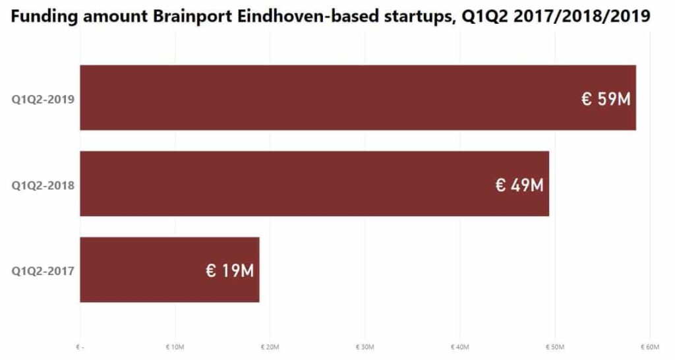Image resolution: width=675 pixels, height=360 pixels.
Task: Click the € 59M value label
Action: tap(606, 100)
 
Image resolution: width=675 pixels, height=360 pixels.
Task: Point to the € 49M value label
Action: tap(519, 185)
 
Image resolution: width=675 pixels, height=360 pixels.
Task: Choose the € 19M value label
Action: tap(229, 271)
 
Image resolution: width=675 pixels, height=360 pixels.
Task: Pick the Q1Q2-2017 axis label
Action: tap(43, 270)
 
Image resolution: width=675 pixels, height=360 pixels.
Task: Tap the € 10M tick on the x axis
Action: tap(175, 347)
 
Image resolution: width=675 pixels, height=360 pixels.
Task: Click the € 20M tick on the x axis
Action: tap(270, 347)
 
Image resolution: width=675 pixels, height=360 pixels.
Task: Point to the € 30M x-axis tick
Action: tap(365, 347)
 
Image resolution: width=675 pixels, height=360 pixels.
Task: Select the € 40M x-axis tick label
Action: tap(459, 347)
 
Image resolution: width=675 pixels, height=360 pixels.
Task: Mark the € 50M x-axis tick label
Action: tap(554, 347)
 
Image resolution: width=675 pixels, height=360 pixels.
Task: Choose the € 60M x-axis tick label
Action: tap(649, 347)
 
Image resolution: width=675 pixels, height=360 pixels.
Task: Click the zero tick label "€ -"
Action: tap(80, 347)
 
